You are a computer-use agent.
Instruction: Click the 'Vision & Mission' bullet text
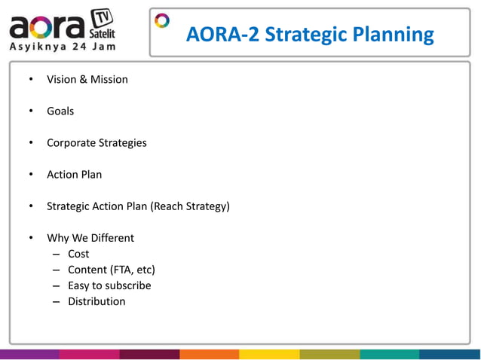pyautogui.click(x=87, y=79)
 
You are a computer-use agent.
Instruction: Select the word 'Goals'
pyautogui.click(x=60, y=111)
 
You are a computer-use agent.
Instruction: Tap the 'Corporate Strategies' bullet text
pyautogui.click(x=97, y=142)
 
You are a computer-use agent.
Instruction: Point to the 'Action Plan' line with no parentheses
pyautogui.click(x=74, y=174)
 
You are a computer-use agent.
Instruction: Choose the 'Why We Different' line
pyautogui.click(x=90, y=238)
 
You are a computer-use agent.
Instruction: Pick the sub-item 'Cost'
pyautogui.click(x=78, y=254)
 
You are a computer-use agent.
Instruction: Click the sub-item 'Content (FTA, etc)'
pyautogui.click(x=112, y=270)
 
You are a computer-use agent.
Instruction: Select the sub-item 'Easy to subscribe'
pyautogui.click(x=109, y=285)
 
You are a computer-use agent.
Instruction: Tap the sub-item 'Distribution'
pyautogui.click(x=97, y=301)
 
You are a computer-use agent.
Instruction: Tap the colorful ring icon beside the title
pyautogui.click(x=162, y=20)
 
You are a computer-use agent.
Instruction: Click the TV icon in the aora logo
pyautogui.click(x=103, y=17)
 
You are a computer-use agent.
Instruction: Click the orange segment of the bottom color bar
pyautogui.click(x=210, y=354)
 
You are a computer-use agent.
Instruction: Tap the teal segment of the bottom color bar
pyautogui.click(x=390, y=354)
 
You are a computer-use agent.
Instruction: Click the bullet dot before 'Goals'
pyautogui.click(x=31, y=111)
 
